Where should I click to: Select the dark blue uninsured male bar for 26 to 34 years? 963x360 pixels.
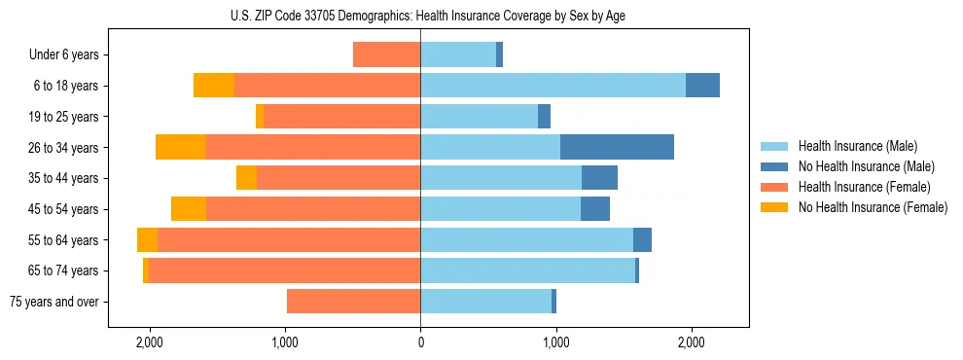tap(617, 147)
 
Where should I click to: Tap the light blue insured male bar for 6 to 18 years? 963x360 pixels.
tap(553, 86)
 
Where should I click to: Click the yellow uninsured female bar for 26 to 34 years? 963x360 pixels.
tap(180, 147)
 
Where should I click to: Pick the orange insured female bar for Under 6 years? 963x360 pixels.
tap(386, 54)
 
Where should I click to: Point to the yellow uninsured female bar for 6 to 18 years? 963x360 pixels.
tap(214, 86)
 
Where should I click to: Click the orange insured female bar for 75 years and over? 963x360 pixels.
tap(353, 302)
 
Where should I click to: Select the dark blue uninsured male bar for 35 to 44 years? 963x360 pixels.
tap(599, 178)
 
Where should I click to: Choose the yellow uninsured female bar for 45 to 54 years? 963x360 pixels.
tap(189, 209)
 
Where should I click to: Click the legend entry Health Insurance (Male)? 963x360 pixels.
tap(856, 146)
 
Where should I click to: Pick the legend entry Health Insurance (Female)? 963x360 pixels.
tap(864, 187)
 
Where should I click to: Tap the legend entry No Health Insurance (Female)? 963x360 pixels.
tap(873, 207)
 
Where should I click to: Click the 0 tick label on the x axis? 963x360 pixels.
tap(420, 342)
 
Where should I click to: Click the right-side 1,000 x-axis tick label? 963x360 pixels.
tap(555, 342)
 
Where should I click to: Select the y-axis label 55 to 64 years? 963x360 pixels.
tap(63, 240)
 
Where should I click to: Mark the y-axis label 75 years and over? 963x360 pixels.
tap(53, 302)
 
